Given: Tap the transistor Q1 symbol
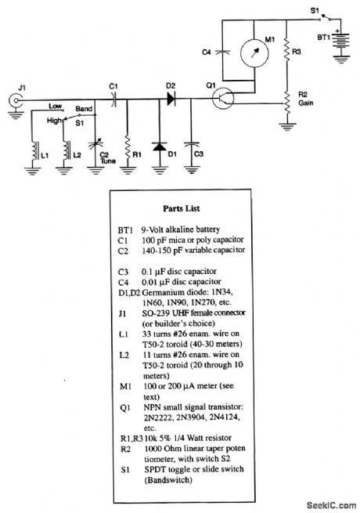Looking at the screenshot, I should tap(224, 99).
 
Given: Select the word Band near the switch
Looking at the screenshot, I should tap(85, 108).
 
